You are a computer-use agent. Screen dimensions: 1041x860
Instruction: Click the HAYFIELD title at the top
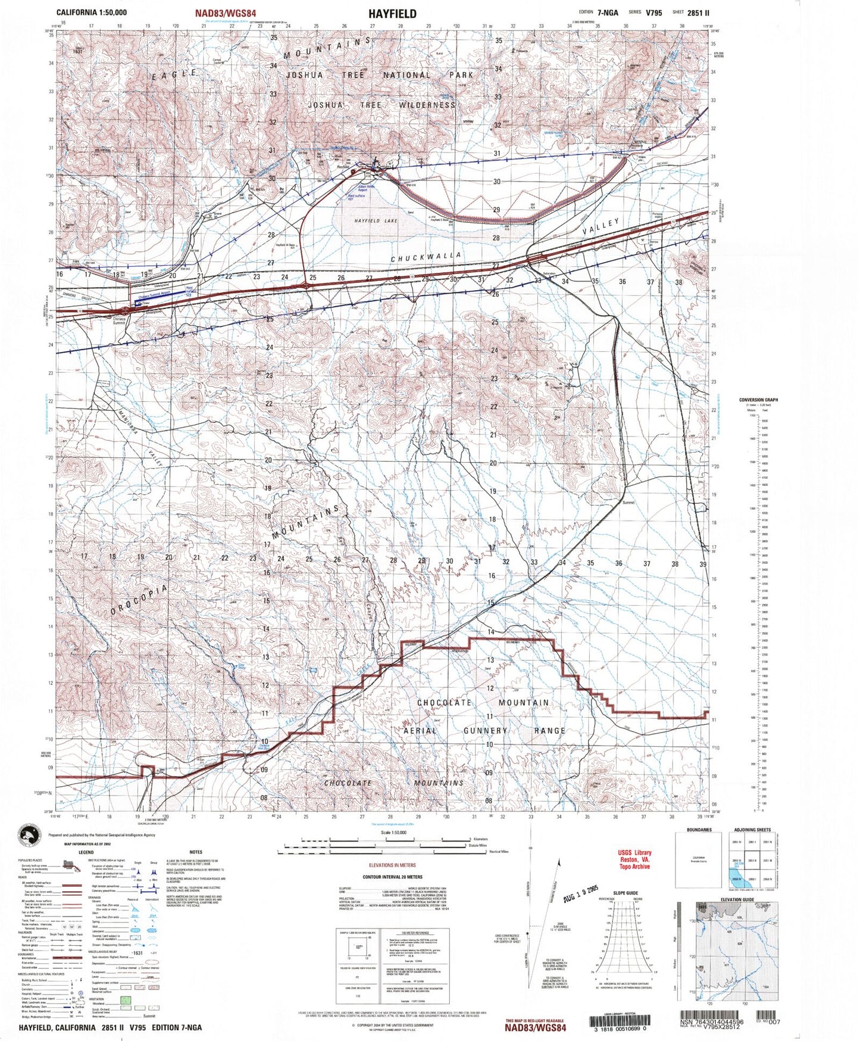point(392,14)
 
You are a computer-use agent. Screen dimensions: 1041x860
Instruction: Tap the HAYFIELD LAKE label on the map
point(376,221)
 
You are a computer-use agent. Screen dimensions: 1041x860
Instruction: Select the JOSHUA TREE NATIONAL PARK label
point(380,76)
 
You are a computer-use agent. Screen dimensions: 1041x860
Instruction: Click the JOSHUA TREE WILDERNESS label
point(381,105)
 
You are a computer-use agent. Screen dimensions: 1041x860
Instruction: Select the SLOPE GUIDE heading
point(624,893)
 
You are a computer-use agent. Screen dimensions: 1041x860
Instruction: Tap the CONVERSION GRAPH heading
point(758,400)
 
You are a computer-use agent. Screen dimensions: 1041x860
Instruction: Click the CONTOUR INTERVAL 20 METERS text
point(392,877)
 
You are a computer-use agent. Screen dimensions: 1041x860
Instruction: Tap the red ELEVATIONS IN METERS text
point(392,865)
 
